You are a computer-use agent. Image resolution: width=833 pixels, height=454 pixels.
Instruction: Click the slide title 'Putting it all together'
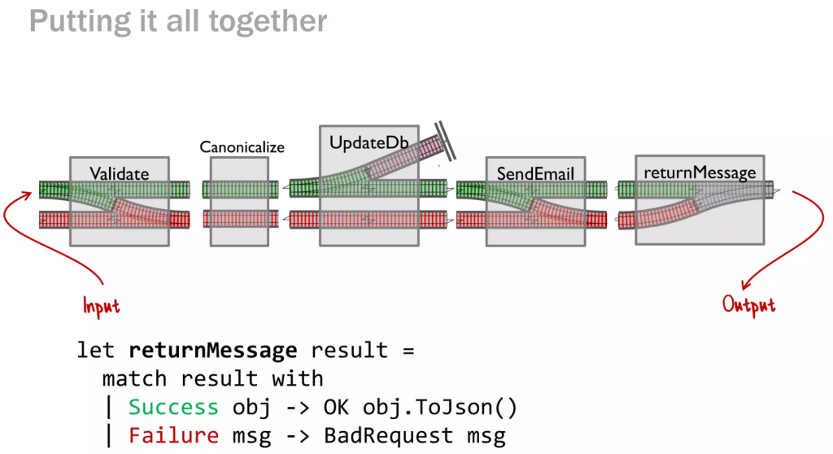(x=178, y=21)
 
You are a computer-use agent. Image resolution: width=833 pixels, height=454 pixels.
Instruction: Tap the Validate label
(x=119, y=173)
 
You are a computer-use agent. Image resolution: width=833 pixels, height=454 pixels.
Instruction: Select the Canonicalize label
(x=242, y=146)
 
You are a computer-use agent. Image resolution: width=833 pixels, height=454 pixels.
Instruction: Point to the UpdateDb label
(x=369, y=142)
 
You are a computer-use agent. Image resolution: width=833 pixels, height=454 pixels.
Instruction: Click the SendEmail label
(x=535, y=173)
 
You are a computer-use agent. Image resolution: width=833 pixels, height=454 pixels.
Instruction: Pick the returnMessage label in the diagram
(x=700, y=172)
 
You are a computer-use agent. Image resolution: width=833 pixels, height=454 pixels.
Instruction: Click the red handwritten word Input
(x=101, y=306)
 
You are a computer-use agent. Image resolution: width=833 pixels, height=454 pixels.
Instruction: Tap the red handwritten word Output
(x=748, y=305)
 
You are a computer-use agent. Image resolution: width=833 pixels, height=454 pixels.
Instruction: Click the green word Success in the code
(x=173, y=408)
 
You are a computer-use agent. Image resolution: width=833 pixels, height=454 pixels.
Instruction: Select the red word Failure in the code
(x=173, y=436)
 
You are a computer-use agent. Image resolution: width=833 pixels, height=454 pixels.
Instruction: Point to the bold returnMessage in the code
(x=213, y=351)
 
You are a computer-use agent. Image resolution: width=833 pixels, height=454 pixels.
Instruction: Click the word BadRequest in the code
(x=388, y=436)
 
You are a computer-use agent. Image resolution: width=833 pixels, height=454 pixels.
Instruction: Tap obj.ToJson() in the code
(x=440, y=408)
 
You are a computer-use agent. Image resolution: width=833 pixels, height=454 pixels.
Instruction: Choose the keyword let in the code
(x=96, y=351)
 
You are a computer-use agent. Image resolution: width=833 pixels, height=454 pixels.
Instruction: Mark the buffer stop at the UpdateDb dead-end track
(x=445, y=141)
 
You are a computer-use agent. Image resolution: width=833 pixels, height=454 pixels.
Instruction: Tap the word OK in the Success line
(x=336, y=408)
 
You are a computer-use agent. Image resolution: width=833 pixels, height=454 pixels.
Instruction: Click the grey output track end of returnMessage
(x=770, y=190)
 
